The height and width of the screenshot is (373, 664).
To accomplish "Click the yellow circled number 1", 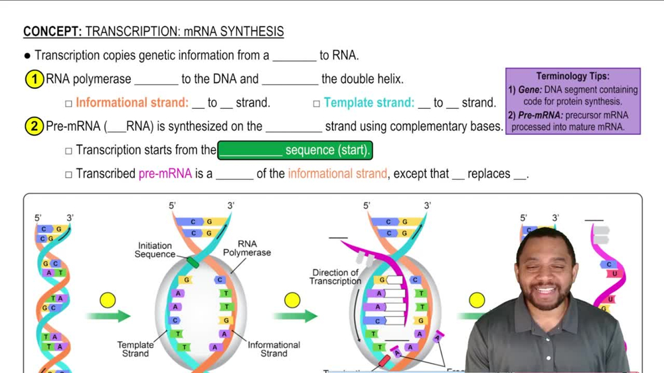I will point(35,80).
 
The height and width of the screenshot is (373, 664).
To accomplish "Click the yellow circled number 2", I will point(35,126).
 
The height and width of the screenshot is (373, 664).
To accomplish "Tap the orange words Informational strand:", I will point(132,103).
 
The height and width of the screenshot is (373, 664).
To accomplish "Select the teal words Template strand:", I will point(369,103).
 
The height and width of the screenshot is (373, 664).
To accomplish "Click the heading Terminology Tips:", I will point(572,76).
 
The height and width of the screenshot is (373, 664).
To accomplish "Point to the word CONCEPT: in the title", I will point(52,32).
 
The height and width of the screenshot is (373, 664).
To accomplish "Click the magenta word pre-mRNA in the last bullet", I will point(165,174).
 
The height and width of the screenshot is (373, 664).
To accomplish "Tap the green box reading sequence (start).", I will point(295,151).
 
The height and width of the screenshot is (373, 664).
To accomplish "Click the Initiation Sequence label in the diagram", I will point(155,250).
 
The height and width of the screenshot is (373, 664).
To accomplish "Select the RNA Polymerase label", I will point(247,248).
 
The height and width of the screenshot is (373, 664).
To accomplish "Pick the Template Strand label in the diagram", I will point(135,349).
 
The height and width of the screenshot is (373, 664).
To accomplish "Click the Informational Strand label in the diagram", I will point(274,349).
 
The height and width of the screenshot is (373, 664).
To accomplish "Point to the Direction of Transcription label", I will point(335,277).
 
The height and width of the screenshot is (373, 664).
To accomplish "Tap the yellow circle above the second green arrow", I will point(292,301).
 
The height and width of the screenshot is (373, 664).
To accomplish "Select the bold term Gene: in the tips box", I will point(531,90).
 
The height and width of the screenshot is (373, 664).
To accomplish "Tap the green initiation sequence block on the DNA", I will point(193,263).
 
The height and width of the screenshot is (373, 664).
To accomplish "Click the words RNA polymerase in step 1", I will point(88,80).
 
